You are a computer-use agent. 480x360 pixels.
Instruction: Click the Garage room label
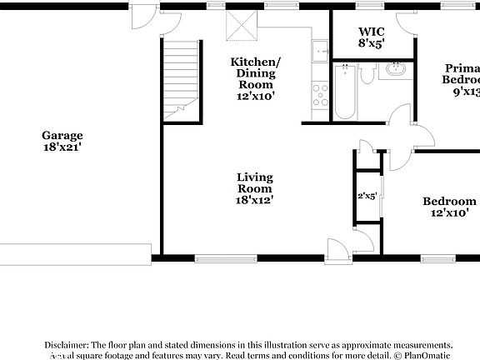tap(62, 135)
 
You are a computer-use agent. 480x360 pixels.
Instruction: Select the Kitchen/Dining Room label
tap(256, 73)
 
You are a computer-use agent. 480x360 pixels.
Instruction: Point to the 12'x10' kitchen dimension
tap(256, 96)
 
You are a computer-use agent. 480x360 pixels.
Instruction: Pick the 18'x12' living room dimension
tap(255, 200)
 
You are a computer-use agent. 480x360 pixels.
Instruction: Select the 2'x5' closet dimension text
tap(367, 196)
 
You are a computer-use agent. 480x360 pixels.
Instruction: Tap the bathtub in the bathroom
tap(346, 92)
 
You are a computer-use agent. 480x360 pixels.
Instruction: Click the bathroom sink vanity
tap(394, 71)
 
